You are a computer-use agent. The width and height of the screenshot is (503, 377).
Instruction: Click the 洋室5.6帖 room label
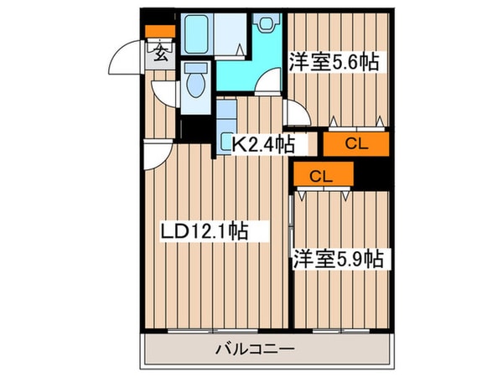(334, 61)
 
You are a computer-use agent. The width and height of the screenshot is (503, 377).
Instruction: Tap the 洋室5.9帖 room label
(337, 259)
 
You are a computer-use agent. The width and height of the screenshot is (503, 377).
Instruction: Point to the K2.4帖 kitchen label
(262, 144)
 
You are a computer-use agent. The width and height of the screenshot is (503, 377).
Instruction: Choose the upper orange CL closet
(356, 144)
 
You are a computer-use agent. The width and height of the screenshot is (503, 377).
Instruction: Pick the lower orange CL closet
(322, 176)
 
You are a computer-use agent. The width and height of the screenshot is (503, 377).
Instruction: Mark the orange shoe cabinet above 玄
(158, 33)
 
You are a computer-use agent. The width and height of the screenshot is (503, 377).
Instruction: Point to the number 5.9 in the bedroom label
(353, 259)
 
